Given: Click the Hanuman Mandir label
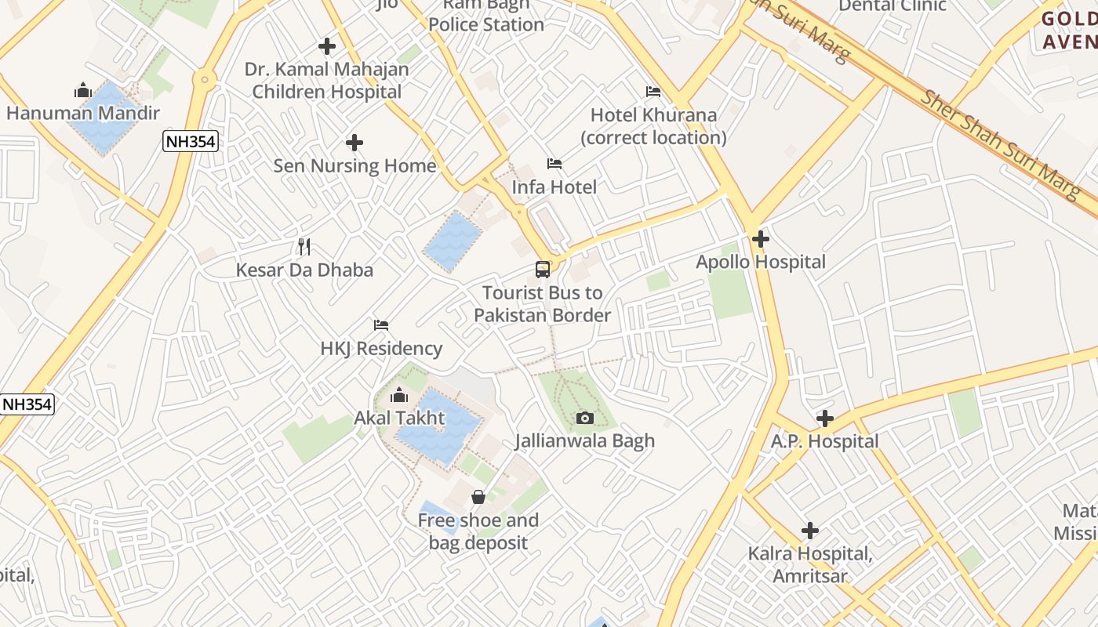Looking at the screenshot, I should pyautogui.click(x=83, y=113).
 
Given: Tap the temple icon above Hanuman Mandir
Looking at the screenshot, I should pyautogui.click(x=83, y=90).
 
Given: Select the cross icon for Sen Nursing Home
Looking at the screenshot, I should pyautogui.click(x=354, y=143).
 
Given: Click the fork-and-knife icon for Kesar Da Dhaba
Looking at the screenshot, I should pyautogui.click(x=304, y=247).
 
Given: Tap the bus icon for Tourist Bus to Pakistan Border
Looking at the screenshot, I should pyautogui.click(x=543, y=270).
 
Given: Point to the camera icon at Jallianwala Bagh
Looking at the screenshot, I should pyautogui.click(x=584, y=418).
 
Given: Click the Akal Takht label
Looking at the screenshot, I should pyautogui.click(x=399, y=418).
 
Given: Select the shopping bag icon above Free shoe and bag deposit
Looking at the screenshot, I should pyautogui.click(x=478, y=497).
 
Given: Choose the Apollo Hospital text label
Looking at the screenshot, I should pyautogui.click(x=761, y=262).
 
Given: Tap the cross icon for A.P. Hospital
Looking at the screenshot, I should pyautogui.click(x=824, y=419).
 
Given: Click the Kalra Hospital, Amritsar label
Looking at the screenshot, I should pyautogui.click(x=810, y=565).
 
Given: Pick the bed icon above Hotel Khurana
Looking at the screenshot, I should pyautogui.click(x=653, y=92).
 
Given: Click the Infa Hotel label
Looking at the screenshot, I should pyautogui.click(x=554, y=187).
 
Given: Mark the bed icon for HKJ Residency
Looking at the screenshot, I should pyautogui.click(x=381, y=325).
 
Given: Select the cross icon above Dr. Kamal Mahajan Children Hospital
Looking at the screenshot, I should pyautogui.click(x=327, y=46).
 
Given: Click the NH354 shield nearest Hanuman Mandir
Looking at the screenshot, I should pyautogui.click(x=190, y=142).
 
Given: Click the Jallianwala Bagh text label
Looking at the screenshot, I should pyautogui.click(x=584, y=441).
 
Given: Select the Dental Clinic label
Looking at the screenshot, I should pyautogui.click(x=893, y=6).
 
